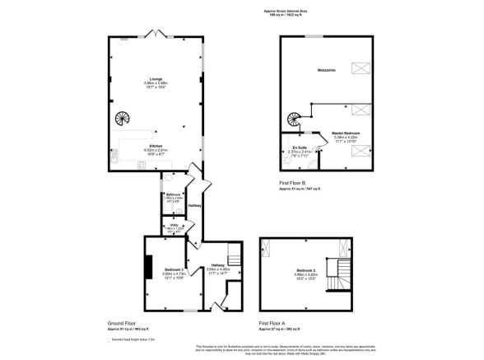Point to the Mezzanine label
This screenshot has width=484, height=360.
(323, 72)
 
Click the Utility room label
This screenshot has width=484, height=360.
(172, 227)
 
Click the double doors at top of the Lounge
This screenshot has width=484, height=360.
(152, 35)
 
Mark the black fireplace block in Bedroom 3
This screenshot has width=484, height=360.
(149, 268)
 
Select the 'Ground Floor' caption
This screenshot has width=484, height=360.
(122, 323)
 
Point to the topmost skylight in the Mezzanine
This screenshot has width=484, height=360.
(360, 68)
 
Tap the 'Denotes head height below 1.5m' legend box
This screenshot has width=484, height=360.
(109, 339)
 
